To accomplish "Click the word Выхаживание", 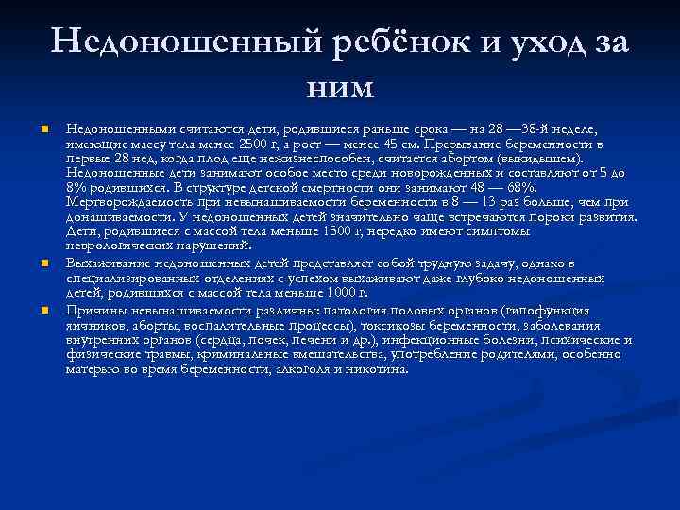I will point(108,263).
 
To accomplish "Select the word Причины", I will point(95,309).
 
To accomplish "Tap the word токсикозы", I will point(379,324).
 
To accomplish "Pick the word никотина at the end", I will point(386,369).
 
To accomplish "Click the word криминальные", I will point(231,354).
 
